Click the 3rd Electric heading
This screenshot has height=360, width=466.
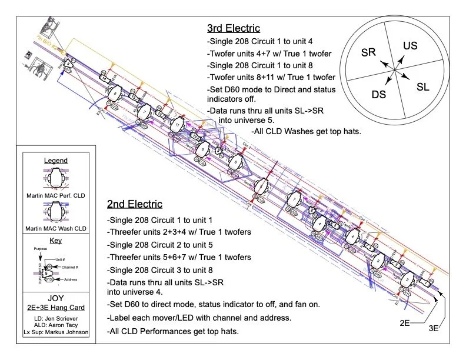click(x=233, y=28)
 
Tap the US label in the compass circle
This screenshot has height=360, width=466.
click(x=410, y=45)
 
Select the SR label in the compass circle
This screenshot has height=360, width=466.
click(x=368, y=52)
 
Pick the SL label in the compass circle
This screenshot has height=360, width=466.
click(x=422, y=87)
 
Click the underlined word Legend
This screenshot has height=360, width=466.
click(x=56, y=161)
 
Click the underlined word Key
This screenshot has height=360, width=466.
click(x=56, y=241)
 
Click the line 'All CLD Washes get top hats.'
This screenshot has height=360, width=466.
click(x=306, y=131)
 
